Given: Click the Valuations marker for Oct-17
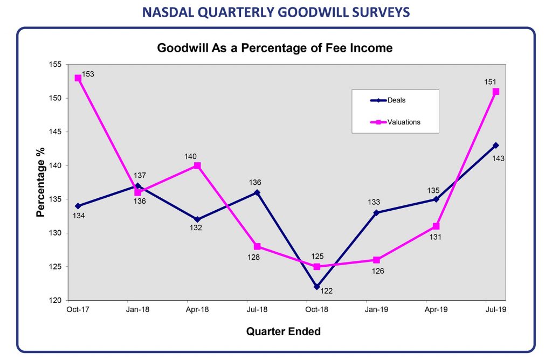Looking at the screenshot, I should (x=78, y=78).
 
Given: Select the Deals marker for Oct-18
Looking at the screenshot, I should (x=317, y=287).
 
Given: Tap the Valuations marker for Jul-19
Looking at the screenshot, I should (x=496, y=92).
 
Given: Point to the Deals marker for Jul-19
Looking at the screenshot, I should (x=496, y=146).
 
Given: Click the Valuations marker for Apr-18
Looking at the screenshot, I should (x=197, y=165).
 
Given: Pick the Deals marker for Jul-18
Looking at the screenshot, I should (x=257, y=192).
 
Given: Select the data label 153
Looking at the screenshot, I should (x=88, y=74).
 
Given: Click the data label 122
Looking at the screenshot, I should (x=327, y=291).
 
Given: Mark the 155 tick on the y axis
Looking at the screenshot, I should (x=56, y=65).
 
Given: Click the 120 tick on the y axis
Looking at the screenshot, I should (x=56, y=300).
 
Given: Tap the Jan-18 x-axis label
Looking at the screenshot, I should (x=137, y=310).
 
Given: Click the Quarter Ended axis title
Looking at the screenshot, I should (x=283, y=331).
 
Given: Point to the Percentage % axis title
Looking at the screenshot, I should (x=40, y=182).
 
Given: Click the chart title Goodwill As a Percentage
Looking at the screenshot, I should (x=274, y=48).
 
